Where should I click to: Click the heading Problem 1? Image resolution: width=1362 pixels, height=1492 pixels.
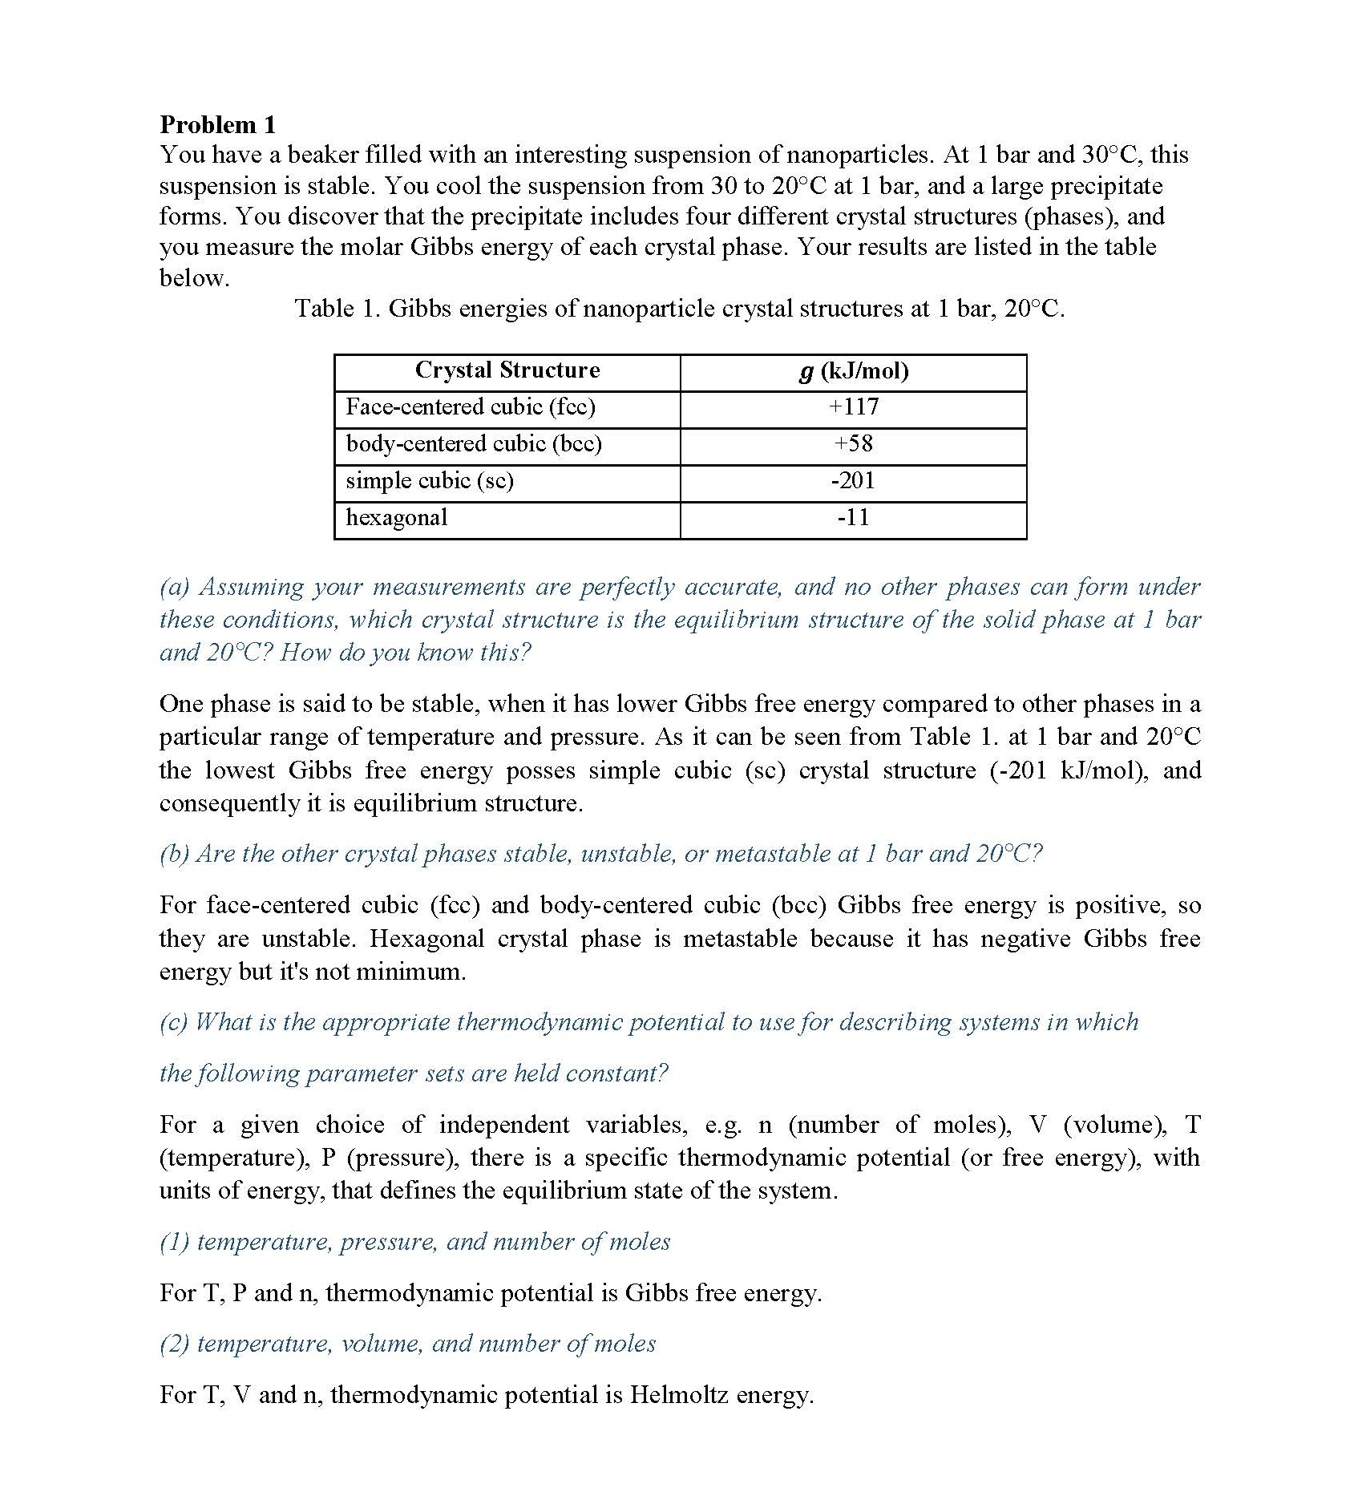pos(217,124)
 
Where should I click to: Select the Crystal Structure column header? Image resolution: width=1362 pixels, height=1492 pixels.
pos(507,370)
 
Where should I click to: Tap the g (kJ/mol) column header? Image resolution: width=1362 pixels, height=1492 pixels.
pos(854,371)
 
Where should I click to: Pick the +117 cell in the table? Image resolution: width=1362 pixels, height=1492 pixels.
pos(854,407)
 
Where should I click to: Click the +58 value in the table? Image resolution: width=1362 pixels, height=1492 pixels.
pos(854,444)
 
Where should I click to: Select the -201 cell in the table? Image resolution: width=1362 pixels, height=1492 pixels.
pos(854,481)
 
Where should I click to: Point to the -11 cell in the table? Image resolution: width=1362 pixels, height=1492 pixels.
pos(854,518)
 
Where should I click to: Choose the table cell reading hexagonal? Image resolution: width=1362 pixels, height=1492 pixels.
pos(397,518)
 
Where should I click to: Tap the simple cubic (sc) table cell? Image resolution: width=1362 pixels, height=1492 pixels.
pos(430,481)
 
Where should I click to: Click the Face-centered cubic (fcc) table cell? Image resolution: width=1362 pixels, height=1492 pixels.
pos(471,407)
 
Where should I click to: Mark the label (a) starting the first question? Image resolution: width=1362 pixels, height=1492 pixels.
pos(175,588)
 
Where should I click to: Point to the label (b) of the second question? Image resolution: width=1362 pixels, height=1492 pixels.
pos(174,854)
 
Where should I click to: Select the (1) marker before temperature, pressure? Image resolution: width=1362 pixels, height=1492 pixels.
pos(174,1242)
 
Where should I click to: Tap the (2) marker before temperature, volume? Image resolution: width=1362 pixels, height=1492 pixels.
pos(174,1344)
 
